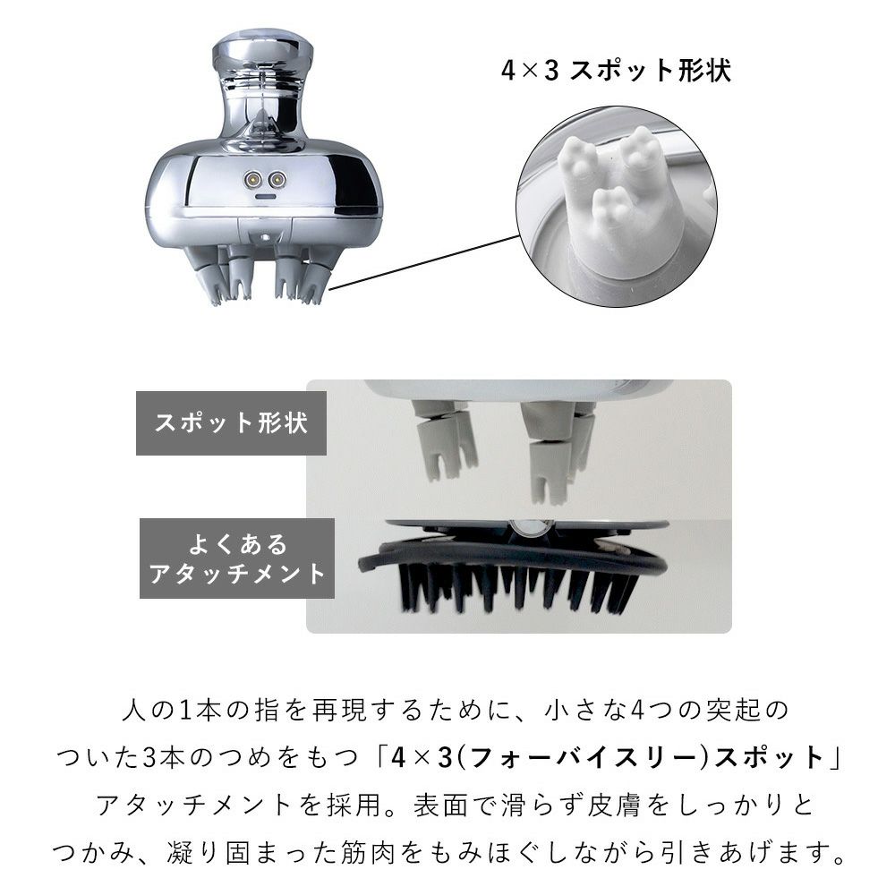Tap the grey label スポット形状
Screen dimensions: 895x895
click(x=230, y=423)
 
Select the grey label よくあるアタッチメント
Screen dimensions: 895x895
click(x=236, y=558)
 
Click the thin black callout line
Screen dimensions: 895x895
click(x=430, y=263)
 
